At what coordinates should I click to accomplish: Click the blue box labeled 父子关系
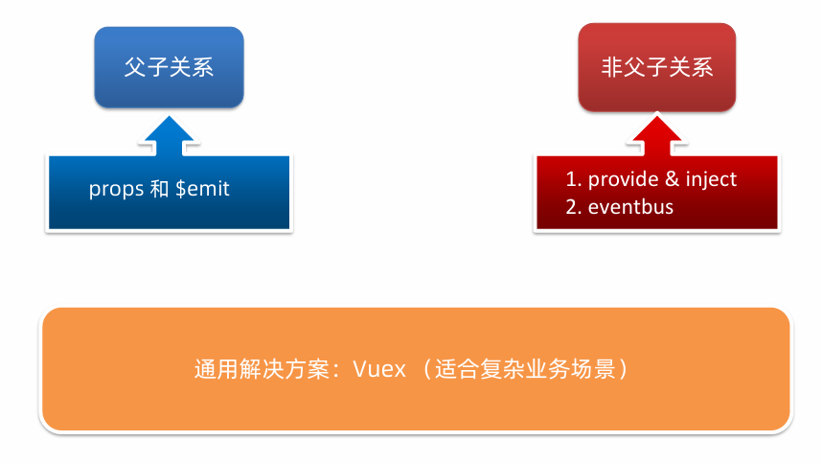tap(169, 67)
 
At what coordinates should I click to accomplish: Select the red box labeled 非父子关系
tap(657, 67)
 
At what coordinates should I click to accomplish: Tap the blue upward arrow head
tap(169, 132)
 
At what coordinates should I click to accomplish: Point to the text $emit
tap(202, 189)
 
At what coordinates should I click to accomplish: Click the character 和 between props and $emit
tap(159, 189)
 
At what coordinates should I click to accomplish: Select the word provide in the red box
tap(624, 179)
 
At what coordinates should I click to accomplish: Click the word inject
tap(711, 179)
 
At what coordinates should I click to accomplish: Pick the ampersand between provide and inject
tap(671, 179)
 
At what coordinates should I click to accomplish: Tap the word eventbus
tap(630, 206)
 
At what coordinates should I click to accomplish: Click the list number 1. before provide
tap(574, 179)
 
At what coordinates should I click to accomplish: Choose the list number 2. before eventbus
tap(574, 206)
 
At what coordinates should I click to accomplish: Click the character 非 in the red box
tap(612, 68)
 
